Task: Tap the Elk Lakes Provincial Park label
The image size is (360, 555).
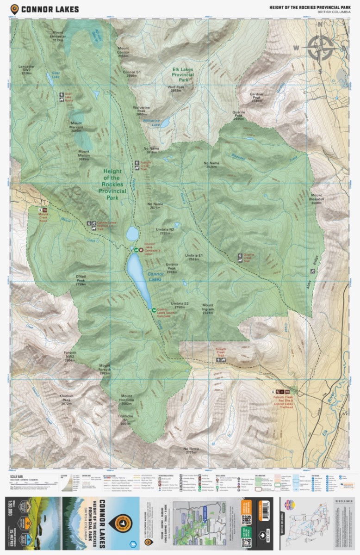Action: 182,74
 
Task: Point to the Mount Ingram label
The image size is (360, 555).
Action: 208,308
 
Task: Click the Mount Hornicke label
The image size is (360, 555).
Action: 127,399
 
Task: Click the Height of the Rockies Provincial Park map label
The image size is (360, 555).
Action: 112,184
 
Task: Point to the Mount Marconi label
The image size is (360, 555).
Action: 76,129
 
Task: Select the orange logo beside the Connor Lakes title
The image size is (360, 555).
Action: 15,9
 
